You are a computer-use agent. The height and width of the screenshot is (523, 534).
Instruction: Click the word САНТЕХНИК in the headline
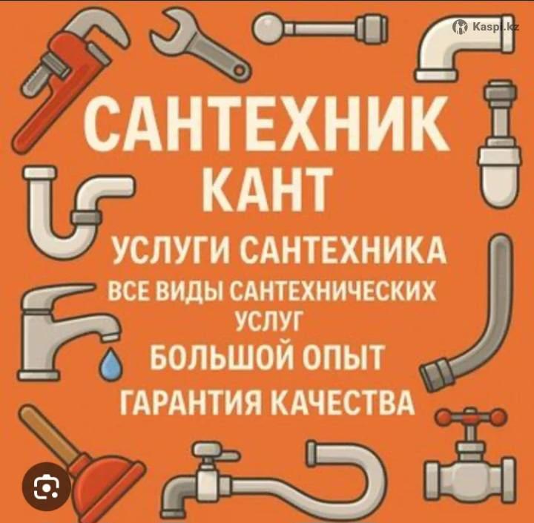pyautogui.click(x=267, y=122)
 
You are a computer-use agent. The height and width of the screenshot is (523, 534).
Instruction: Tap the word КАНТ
pyautogui.click(x=267, y=188)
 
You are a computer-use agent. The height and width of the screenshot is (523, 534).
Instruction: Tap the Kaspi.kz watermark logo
pyautogui.click(x=485, y=26)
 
